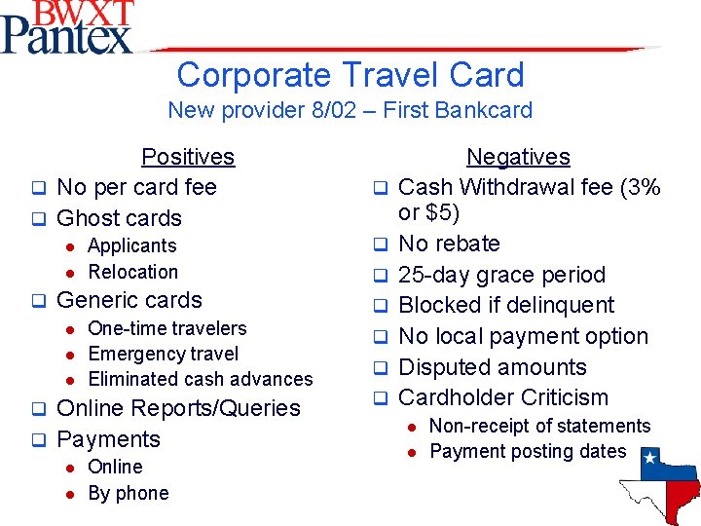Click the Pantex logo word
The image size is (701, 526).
tap(66, 37)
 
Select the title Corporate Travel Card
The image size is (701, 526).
tap(350, 75)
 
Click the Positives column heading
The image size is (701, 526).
tap(188, 157)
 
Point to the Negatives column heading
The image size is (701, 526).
tap(518, 157)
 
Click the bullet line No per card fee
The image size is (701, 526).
tap(136, 187)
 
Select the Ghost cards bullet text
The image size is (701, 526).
tap(120, 218)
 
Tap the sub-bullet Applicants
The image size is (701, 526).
tap(132, 246)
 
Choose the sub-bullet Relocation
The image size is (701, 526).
tap(133, 272)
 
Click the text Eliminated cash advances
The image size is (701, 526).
tap(201, 379)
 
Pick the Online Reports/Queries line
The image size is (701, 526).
tap(179, 408)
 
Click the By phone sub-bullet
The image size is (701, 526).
tap(129, 493)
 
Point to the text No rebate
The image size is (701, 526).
tap(450, 244)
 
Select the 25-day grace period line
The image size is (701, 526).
tap(502, 275)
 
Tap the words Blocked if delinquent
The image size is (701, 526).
tap(506, 306)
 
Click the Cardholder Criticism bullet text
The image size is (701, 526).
tap(503, 397)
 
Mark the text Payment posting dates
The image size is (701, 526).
tap(528, 451)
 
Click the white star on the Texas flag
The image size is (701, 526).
tap(649, 456)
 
